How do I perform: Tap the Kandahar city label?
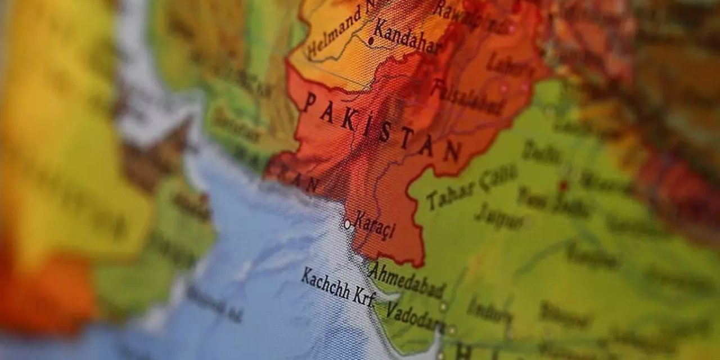tap(407, 37)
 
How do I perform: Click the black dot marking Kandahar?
tap(371, 40)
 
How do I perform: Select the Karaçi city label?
tap(375, 228)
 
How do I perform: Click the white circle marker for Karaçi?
tap(347, 224)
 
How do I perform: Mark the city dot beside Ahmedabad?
tap(443, 306)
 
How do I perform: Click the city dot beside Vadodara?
tap(452, 330)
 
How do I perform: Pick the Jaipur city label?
tap(497, 215)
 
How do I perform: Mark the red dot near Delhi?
tap(564, 185)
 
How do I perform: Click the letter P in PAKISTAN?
tap(310, 102)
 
